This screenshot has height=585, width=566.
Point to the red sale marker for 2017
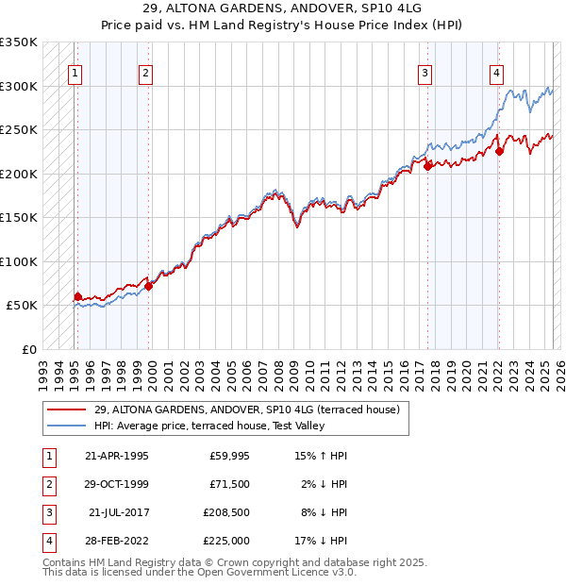pyautogui.click(x=427, y=166)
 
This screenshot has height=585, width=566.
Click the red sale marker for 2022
pyautogui.click(x=499, y=152)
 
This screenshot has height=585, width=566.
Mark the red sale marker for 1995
pyautogui.click(x=77, y=296)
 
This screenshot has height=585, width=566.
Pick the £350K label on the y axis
pyautogui.click(x=19, y=42)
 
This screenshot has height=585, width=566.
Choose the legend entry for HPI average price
pyautogui.click(x=209, y=426)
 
